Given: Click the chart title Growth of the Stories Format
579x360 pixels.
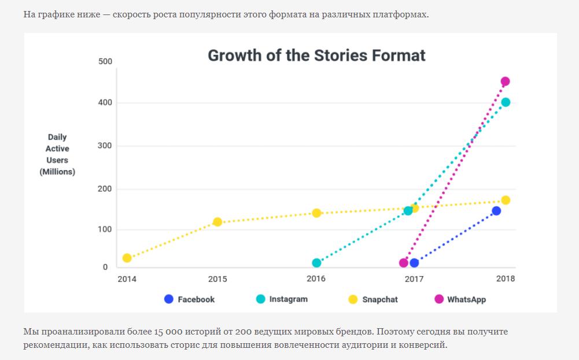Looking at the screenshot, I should (x=316, y=56).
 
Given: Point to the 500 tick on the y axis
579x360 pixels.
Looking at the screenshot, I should (x=105, y=61).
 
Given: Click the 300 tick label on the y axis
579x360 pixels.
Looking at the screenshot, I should (x=105, y=145).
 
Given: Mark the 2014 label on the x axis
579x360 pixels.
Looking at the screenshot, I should (x=127, y=278).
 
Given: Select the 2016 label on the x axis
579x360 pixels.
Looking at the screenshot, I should (x=316, y=278).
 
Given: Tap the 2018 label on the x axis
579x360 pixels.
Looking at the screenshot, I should (x=505, y=278).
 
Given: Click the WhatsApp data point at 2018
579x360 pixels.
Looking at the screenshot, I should (x=505, y=82).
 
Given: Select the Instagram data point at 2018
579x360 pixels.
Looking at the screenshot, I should (x=506, y=102).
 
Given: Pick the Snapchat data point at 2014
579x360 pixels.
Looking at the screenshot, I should (x=127, y=258).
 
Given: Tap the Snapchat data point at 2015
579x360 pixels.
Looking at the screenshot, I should (x=217, y=222).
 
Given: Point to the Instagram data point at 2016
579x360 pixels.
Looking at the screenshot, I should (x=316, y=263).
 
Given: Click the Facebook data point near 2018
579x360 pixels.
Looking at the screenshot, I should (x=496, y=211).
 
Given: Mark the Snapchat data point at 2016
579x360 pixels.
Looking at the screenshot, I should (x=316, y=213).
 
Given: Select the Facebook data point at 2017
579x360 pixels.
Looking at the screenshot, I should (x=414, y=263).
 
